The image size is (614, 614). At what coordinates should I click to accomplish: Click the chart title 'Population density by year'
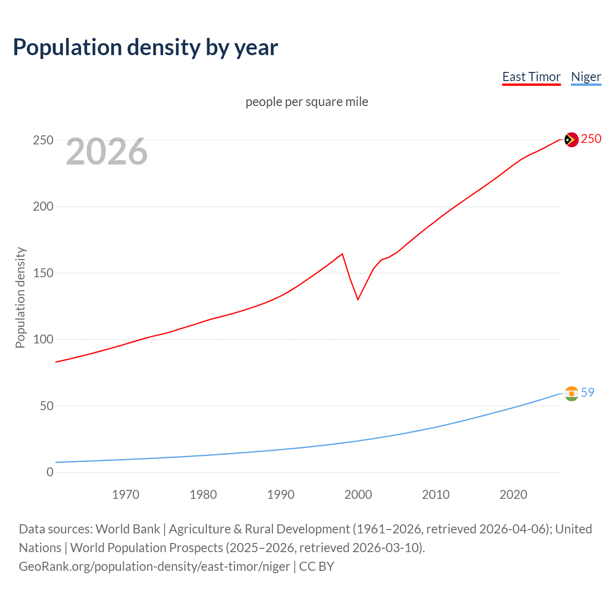pos(145,47)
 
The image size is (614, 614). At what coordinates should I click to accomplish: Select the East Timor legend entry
pos(531,77)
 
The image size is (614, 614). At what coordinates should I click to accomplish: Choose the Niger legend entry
pos(586,77)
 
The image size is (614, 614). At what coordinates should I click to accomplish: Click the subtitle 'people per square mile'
pos(307,102)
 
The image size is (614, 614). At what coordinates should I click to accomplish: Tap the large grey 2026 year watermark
pos(106,152)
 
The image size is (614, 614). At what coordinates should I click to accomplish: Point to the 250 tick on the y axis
pos(43,140)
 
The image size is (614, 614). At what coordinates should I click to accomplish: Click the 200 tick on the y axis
pos(43,207)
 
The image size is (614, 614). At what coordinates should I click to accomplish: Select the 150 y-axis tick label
pos(43,273)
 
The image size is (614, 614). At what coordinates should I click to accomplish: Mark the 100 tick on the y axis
pos(43,340)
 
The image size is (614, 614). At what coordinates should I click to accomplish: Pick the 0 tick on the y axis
pos(50,472)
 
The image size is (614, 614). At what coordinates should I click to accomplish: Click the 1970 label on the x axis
pos(126,495)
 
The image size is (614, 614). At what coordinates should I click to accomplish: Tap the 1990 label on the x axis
pos(281,495)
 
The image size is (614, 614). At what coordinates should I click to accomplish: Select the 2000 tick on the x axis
pos(358,495)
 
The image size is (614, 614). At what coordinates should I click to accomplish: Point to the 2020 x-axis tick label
pos(513,495)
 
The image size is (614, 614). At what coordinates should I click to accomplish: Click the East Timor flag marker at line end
pos(571,140)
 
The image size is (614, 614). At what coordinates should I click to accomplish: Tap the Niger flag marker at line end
pos(571,393)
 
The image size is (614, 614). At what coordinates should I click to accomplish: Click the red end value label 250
pos(591,139)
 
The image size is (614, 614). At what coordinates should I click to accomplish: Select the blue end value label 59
pos(588,392)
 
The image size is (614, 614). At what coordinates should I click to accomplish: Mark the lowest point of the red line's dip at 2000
pos(358,299)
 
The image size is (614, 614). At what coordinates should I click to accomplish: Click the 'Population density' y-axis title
pos(20,297)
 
